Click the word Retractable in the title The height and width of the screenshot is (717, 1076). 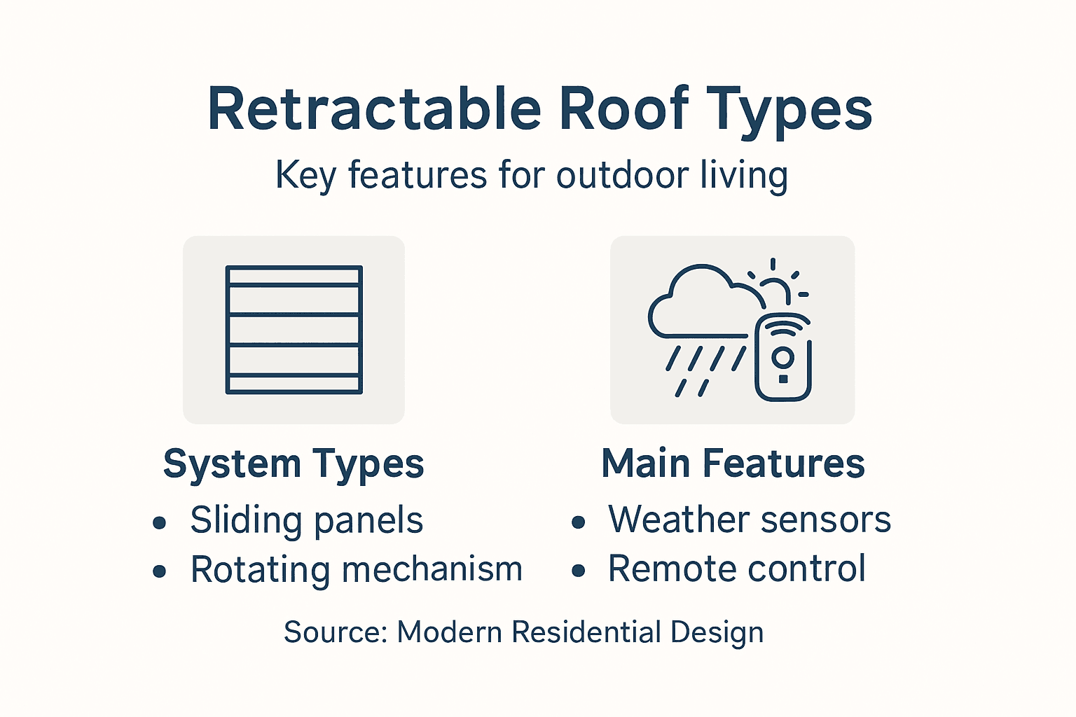tap(374, 109)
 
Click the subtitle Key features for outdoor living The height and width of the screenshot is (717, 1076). tap(532, 175)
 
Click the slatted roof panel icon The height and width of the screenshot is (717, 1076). tap(294, 330)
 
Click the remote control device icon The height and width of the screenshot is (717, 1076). tap(783, 358)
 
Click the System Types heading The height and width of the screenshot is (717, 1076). tap(294, 464)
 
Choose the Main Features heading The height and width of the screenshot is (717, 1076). tap(733, 464)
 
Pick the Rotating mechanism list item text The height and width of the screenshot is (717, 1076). tap(357, 569)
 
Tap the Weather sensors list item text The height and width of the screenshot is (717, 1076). tap(749, 520)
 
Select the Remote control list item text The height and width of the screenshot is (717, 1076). tap(736, 569)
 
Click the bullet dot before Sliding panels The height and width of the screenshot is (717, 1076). tap(160, 522)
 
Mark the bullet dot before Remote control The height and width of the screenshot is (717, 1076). tap(578, 571)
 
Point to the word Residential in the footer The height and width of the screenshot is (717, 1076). tap(586, 632)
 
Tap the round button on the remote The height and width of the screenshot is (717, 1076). tap(782, 358)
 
